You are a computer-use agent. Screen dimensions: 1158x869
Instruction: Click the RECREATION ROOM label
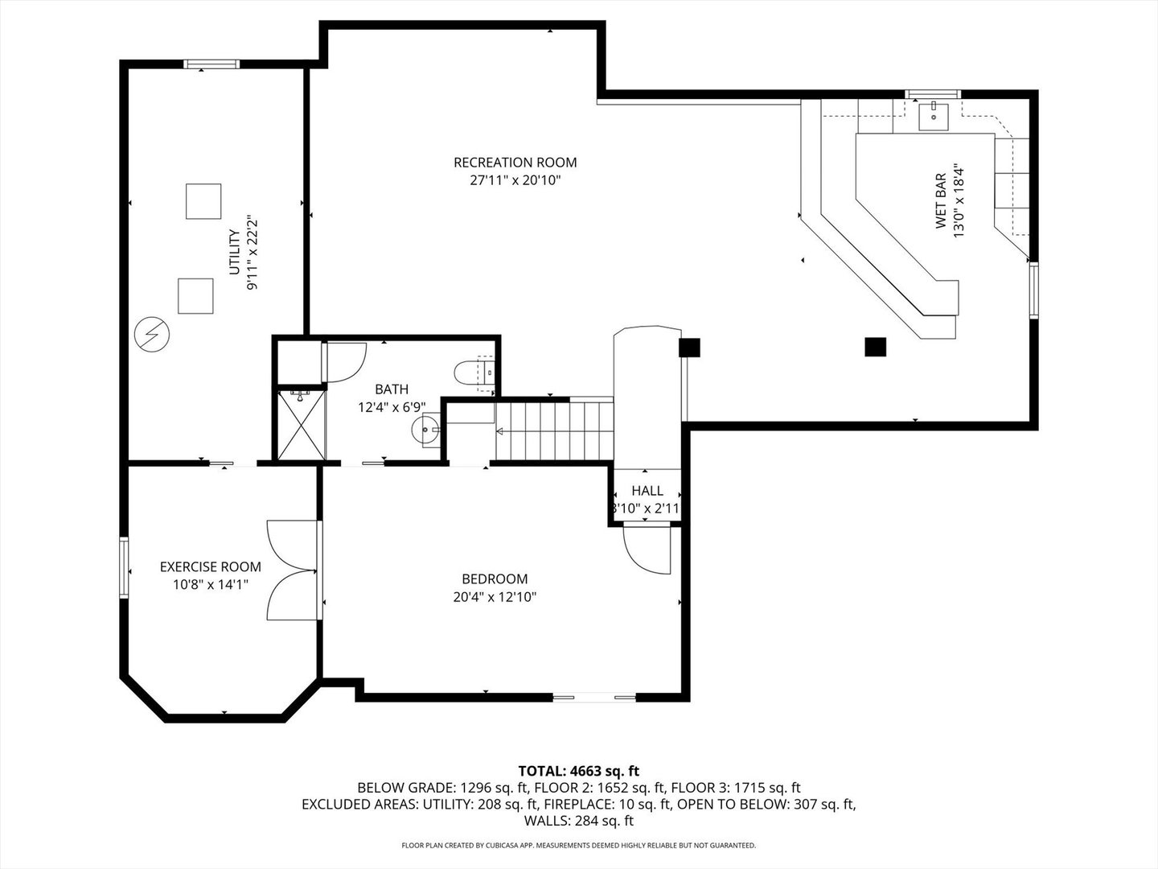click(x=515, y=163)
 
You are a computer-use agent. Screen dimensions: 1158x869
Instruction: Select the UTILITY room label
click(x=234, y=252)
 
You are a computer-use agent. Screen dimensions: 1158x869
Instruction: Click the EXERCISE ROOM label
click(x=211, y=566)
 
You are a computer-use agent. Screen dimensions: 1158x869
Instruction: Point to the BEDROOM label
click(x=495, y=579)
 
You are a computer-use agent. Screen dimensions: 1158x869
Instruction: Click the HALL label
click(x=647, y=491)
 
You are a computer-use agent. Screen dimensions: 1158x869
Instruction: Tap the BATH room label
click(x=392, y=389)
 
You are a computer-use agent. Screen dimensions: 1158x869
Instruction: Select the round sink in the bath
click(x=425, y=430)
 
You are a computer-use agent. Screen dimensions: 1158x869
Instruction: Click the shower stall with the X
click(x=302, y=425)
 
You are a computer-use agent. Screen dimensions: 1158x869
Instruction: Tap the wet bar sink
click(x=933, y=117)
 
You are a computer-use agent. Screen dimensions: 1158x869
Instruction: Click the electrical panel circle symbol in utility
click(x=152, y=335)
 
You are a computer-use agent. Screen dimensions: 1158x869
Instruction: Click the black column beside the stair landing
click(x=689, y=348)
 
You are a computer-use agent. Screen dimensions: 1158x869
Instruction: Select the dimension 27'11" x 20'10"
click(x=515, y=180)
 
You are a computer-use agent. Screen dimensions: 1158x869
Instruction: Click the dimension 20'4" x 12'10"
click(x=495, y=597)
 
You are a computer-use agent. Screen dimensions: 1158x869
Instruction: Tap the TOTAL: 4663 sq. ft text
click(x=579, y=771)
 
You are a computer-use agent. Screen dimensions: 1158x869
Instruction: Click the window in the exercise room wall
click(x=124, y=567)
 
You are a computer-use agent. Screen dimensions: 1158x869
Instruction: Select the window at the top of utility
click(x=211, y=64)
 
